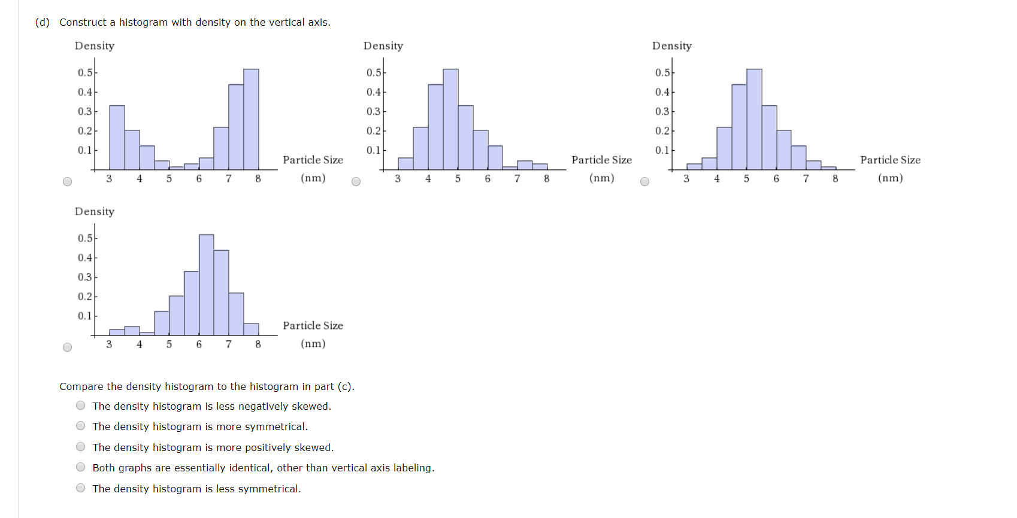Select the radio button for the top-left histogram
(67, 182)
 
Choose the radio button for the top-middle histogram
(356, 182)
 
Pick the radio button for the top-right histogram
(644, 182)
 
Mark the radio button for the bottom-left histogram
(67, 348)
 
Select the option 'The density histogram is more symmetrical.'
(81, 426)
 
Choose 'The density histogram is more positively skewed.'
(81, 447)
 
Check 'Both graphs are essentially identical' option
(81, 467)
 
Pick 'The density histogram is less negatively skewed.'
(81, 406)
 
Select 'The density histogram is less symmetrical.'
(81, 488)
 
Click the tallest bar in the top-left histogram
(251, 120)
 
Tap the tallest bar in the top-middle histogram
(450, 120)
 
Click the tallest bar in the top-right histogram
(754, 120)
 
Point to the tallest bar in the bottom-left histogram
(206, 285)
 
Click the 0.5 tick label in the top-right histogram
(662, 72)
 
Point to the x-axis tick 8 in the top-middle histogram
(547, 178)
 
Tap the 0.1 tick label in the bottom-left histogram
(84, 316)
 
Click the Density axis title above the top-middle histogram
(383, 46)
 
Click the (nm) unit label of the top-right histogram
(890, 178)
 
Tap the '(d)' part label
(43, 22)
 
